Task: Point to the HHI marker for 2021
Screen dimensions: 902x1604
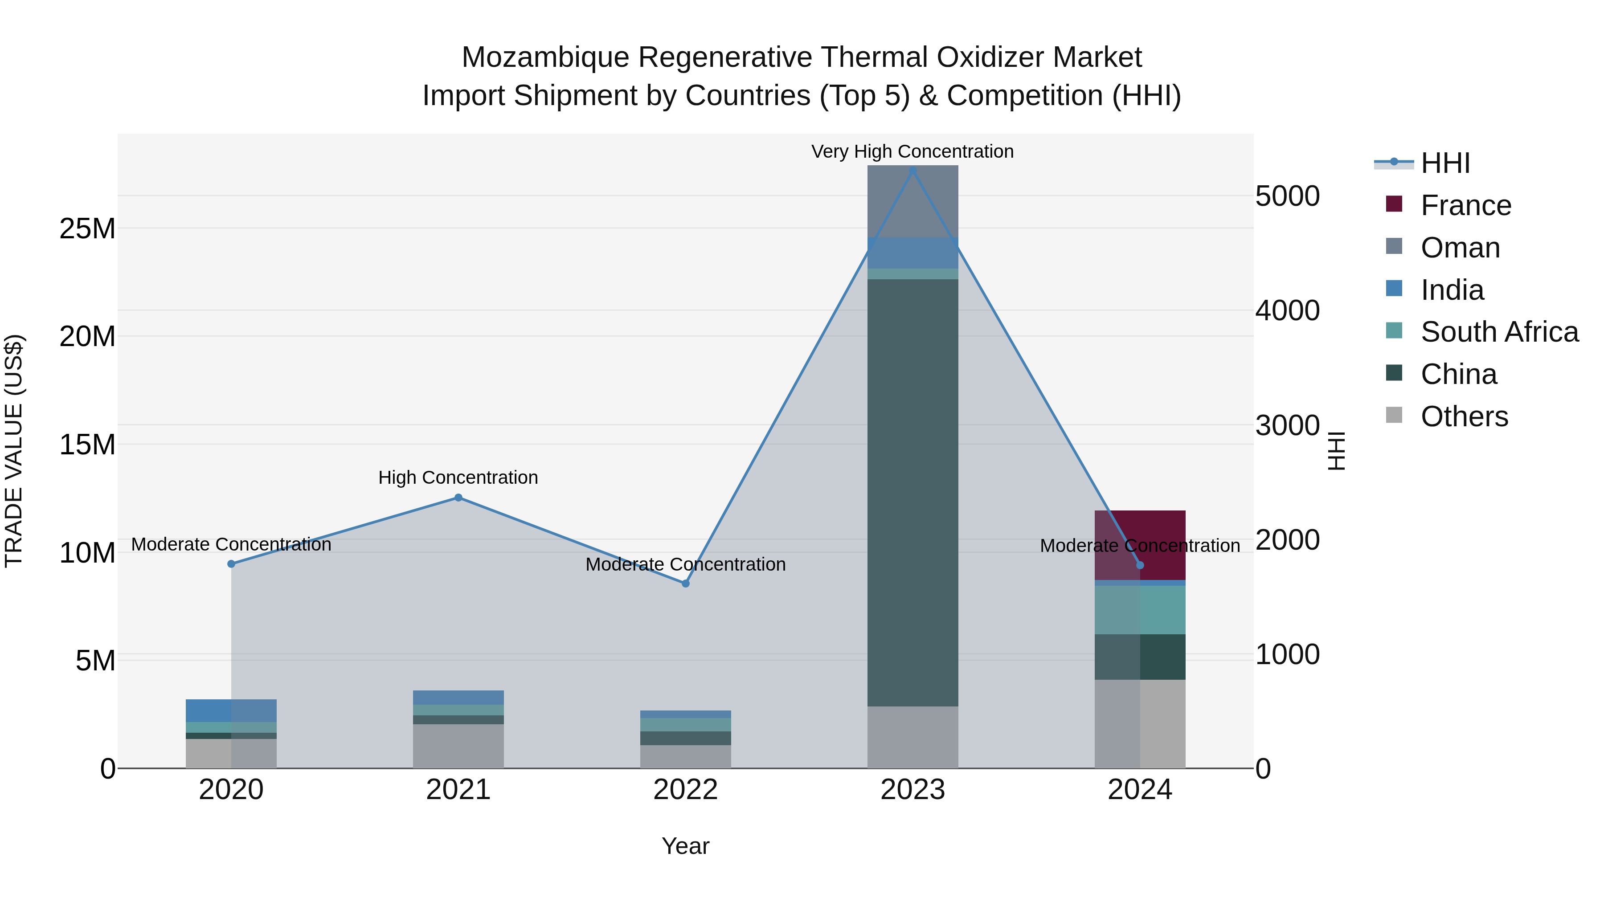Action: pos(458,498)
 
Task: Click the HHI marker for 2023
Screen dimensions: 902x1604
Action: pos(913,171)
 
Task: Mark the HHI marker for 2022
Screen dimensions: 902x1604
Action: pos(686,583)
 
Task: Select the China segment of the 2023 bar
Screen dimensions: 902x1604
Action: pos(913,492)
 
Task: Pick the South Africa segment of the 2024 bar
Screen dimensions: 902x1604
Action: pos(1140,610)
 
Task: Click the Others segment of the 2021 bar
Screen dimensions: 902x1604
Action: pos(458,746)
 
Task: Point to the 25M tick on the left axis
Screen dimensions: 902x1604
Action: pos(87,229)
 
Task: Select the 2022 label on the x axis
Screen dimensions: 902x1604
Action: pos(686,790)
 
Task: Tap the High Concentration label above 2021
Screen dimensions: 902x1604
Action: pos(458,478)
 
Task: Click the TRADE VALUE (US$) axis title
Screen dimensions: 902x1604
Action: pos(14,451)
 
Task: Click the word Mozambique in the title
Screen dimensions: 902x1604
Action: pos(545,57)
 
